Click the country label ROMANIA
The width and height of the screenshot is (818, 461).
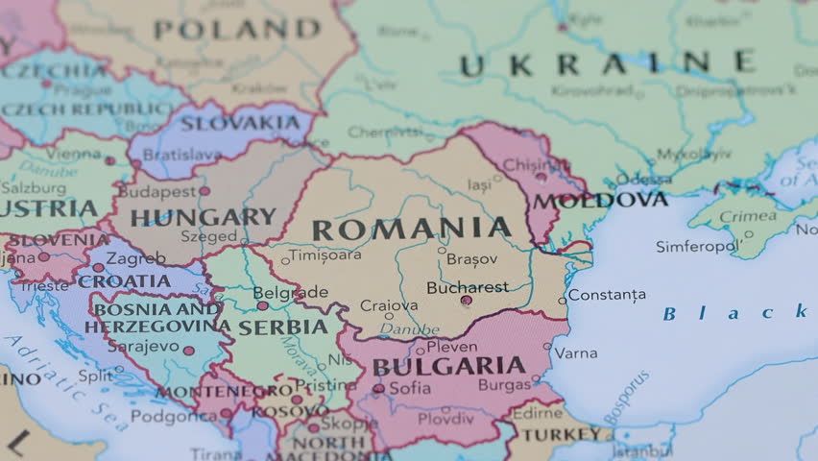coord(412,230)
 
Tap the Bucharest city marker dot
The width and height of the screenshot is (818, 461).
coord(466,301)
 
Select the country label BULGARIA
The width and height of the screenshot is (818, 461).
coord(448,366)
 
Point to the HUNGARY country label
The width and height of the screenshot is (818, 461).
coord(203,217)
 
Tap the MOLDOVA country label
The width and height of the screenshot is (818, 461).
coord(600,200)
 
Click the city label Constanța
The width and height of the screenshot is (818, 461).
coord(607,295)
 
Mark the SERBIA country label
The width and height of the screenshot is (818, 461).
coord(282,327)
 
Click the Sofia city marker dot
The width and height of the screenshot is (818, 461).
coord(379,389)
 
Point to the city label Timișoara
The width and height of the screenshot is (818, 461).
coord(325,255)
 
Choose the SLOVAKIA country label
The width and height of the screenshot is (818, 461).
coord(240,123)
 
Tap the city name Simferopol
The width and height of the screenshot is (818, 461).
coord(697,247)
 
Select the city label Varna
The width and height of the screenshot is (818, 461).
coord(575,353)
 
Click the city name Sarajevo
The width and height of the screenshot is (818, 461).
coord(143,346)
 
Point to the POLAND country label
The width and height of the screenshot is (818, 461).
coord(236,30)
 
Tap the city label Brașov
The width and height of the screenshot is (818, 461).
coord(472,259)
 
